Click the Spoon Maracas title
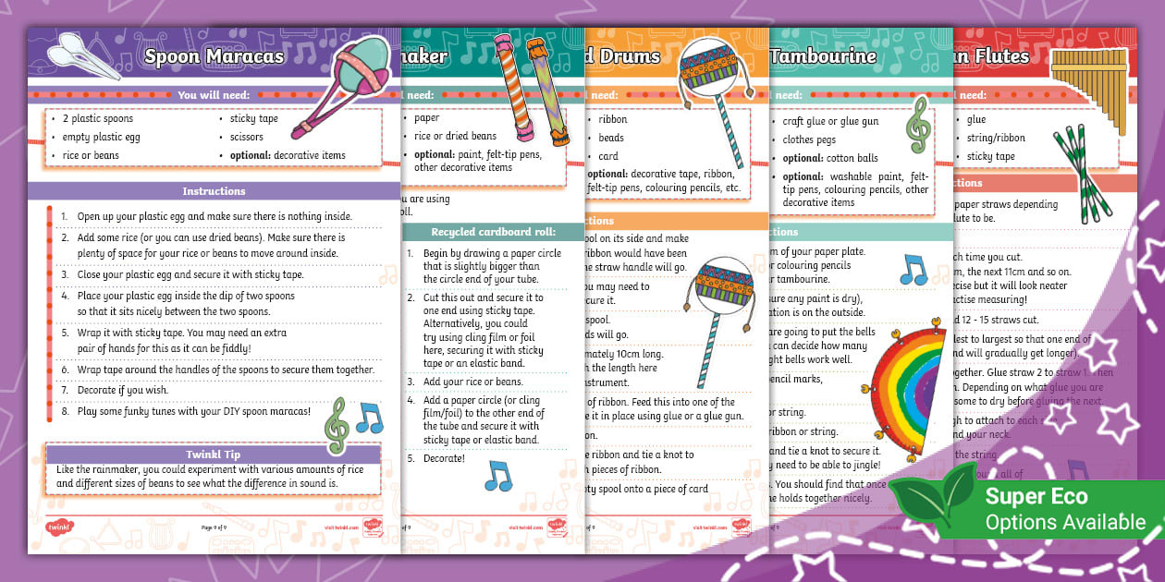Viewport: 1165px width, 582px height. tap(214, 56)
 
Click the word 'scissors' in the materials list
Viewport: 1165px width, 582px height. tap(247, 137)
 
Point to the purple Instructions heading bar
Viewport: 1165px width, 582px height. tap(214, 191)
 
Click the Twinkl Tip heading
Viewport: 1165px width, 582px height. tap(214, 455)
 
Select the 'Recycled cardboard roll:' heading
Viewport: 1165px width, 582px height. tap(492, 232)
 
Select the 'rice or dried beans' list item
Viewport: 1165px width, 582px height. tap(455, 136)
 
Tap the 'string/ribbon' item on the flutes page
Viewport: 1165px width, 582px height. tap(995, 138)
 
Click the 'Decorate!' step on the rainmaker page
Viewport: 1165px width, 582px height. tap(444, 458)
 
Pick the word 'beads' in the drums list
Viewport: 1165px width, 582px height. tap(611, 138)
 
